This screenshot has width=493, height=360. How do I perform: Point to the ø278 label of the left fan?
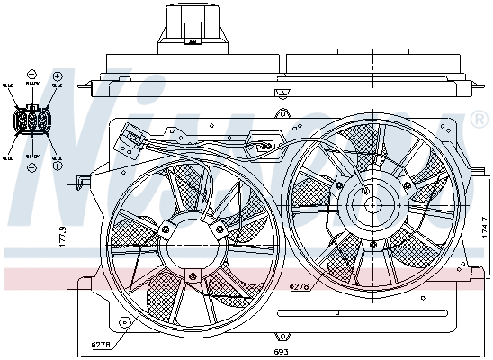pos(102,344)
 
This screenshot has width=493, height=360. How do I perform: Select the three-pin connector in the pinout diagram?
pos(31,119)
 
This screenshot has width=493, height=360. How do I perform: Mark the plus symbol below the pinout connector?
pos(58,167)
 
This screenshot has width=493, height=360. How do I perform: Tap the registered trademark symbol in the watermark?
pos(479,119)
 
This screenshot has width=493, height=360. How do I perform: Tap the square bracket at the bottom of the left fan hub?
pos(192,274)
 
